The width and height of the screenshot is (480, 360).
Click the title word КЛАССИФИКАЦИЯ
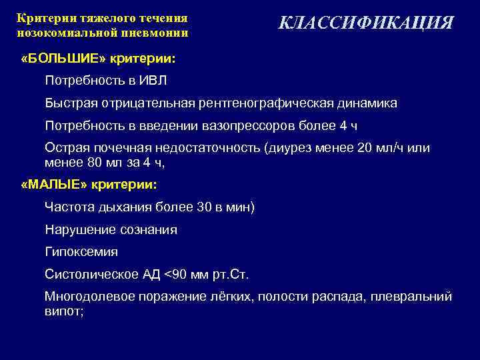click(x=365, y=23)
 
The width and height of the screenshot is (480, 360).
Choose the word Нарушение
click(x=77, y=229)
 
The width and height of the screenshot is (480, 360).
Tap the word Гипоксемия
click(x=81, y=251)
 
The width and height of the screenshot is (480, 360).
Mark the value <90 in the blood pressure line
click(x=176, y=274)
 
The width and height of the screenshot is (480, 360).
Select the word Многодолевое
click(x=90, y=296)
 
